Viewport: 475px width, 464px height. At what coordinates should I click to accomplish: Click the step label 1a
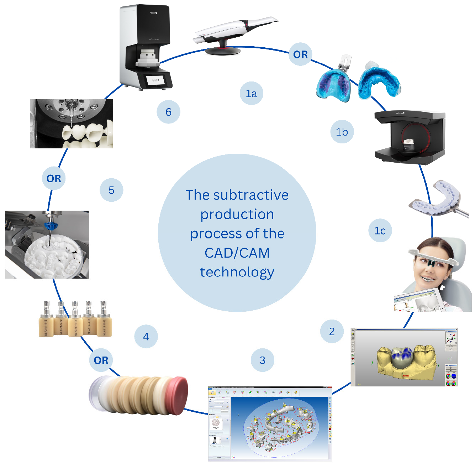click(x=252, y=94)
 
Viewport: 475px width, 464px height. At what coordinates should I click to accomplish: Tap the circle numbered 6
click(x=168, y=112)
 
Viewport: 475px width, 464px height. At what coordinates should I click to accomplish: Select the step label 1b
click(x=342, y=132)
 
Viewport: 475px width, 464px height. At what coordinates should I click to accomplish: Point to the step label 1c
click(x=380, y=231)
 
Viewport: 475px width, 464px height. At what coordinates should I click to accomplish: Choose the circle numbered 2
click(x=332, y=332)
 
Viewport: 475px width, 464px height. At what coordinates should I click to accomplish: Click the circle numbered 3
click(x=263, y=360)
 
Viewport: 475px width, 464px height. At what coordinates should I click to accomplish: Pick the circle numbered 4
click(x=146, y=337)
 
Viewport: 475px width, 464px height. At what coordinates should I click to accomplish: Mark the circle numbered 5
click(x=111, y=190)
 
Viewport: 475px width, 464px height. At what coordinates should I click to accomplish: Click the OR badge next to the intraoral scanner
click(x=300, y=54)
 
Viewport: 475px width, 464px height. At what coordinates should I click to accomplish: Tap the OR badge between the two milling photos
click(x=54, y=178)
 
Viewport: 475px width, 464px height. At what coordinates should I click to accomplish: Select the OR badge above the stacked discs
click(x=101, y=360)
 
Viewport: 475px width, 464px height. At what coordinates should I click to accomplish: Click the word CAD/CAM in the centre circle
click(x=237, y=253)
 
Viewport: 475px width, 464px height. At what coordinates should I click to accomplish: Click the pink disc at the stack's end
click(x=178, y=395)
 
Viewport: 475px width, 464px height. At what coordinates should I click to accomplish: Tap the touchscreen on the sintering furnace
click(x=156, y=79)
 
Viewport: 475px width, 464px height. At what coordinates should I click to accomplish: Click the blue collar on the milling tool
click(x=51, y=226)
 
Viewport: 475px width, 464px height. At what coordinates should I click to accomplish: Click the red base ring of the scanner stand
click(x=223, y=48)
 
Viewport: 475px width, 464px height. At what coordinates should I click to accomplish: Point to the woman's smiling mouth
click(x=426, y=278)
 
